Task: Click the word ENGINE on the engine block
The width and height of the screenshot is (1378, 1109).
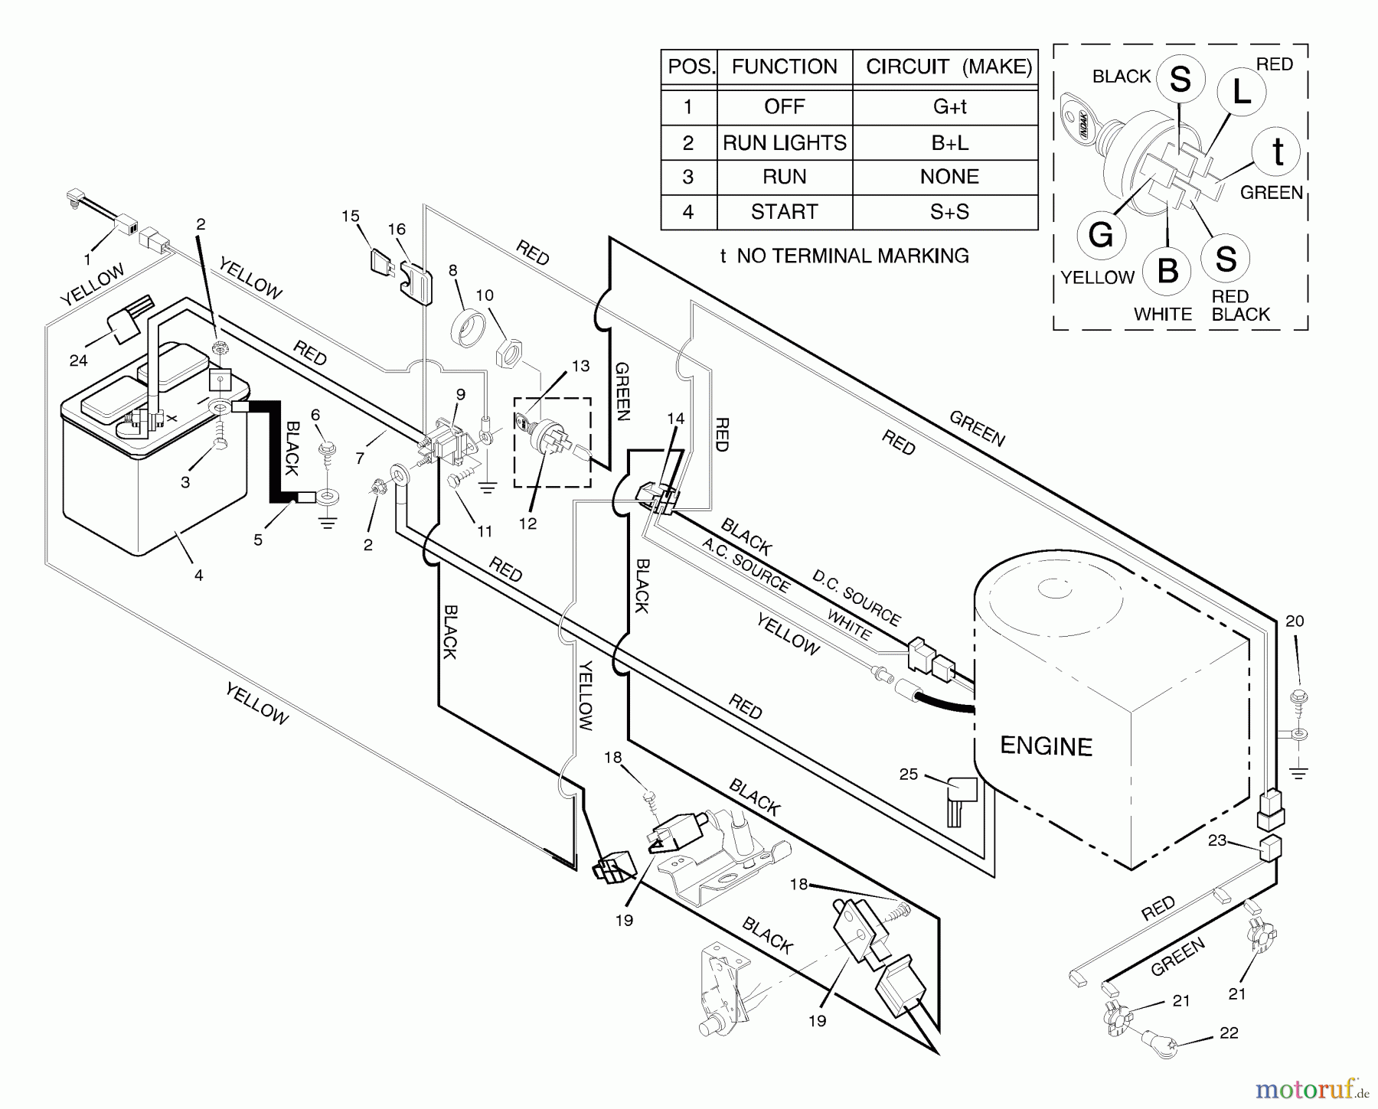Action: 1046,746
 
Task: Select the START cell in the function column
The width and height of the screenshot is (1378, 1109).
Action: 784,211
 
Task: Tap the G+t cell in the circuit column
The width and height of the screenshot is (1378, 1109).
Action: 949,106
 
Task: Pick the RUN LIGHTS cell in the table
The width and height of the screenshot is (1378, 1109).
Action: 784,142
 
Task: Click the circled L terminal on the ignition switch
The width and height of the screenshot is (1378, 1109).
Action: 1241,93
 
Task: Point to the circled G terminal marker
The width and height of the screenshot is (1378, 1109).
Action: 1100,235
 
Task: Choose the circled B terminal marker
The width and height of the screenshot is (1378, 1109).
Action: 1167,271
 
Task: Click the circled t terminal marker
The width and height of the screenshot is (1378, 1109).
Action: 1277,152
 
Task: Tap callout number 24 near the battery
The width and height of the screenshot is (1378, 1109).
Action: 78,360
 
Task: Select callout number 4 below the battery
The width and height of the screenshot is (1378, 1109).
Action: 198,575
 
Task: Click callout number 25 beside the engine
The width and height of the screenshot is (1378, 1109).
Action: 909,775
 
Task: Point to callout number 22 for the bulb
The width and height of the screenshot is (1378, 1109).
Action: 1229,1033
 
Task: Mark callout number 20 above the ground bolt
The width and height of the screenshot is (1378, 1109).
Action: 1294,621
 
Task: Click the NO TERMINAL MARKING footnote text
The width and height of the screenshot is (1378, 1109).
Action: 844,256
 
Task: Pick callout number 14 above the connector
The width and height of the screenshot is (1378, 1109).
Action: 675,419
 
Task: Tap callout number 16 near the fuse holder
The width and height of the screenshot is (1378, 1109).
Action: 397,229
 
